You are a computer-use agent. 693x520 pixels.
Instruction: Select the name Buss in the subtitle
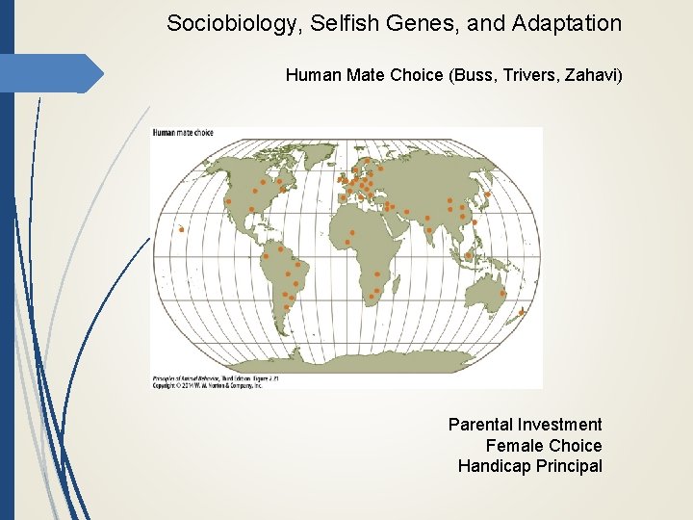pos(475,74)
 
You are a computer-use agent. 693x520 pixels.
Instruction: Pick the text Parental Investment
pos(525,425)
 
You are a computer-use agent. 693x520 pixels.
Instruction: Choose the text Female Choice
pos(543,446)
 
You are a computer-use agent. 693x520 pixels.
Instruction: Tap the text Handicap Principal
pos(529,467)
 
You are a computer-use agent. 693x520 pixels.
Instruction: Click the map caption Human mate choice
pos(182,133)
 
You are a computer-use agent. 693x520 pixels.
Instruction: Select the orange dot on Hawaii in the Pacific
pos(181,229)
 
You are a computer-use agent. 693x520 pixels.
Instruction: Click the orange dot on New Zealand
pos(521,312)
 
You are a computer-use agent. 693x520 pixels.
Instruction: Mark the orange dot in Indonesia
pos(468,256)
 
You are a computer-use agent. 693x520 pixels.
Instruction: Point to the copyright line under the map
pos(207,384)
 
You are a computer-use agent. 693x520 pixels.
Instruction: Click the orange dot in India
pos(428,229)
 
